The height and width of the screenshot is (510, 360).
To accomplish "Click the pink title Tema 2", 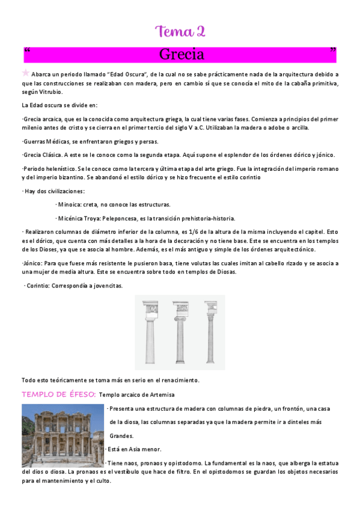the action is tap(180, 32).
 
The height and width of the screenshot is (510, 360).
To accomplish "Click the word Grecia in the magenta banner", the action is tap(182, 55).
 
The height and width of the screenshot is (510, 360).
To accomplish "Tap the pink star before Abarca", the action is tap(25, 73).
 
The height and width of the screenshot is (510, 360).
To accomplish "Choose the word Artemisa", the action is tap(160, 395).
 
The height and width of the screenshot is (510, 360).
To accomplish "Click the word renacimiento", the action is tap(177, 380).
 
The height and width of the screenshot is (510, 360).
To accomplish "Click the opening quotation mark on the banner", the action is tap(27, 51).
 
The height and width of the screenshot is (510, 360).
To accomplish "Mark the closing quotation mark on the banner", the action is tap(333, 51).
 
